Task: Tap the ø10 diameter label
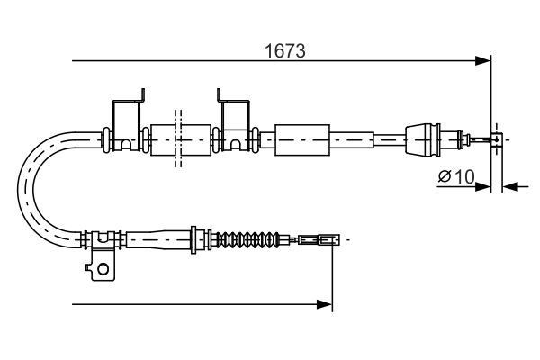click(x=456, y=176)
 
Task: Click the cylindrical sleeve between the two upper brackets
click(x=177, y=139)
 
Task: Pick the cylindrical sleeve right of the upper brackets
click(x=297, y=139)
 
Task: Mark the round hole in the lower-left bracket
click(x=103, y=267)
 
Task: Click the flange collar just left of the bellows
click(x=197, y=240)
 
